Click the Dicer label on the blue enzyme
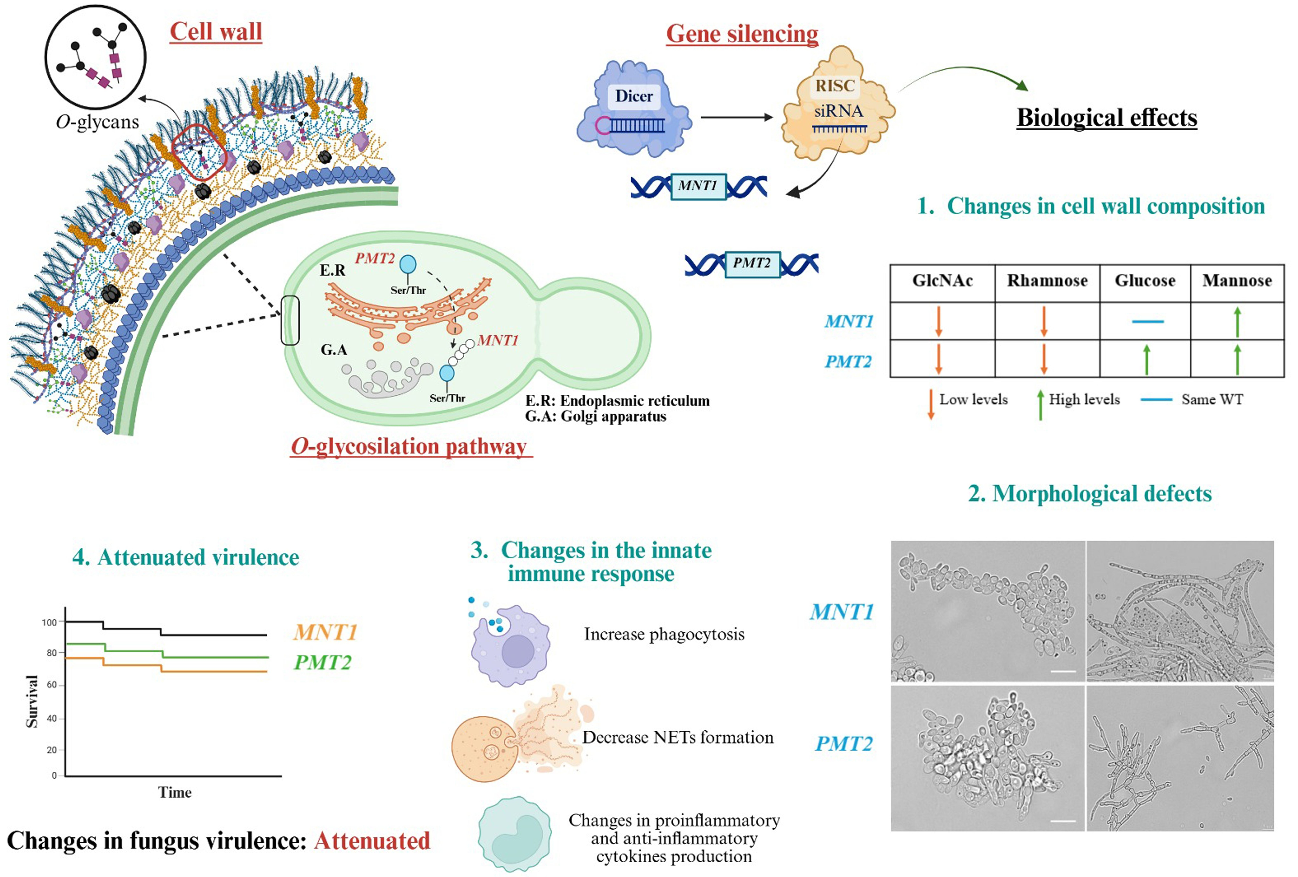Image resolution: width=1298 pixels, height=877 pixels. (x=633, y=96)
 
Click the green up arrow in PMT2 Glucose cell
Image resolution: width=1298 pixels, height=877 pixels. (x=1147, y=359)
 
